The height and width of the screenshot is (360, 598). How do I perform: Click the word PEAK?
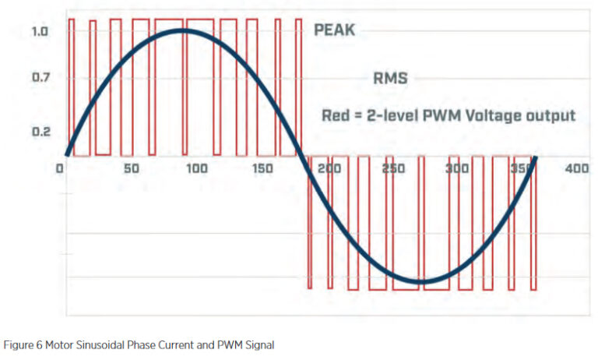click(334, 31)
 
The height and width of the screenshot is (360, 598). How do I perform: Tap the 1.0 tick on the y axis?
click(40, 32)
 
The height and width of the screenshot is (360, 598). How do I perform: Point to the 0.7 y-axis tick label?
click(40, 77)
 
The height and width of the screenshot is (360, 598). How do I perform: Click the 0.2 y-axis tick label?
click(40, 131)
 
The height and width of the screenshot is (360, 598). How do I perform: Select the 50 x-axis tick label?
click(131, 169)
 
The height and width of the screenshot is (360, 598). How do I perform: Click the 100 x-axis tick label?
click(196, 169)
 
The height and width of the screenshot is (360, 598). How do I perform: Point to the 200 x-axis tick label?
click(332, 169)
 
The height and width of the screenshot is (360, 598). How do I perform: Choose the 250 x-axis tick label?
click(397, 169)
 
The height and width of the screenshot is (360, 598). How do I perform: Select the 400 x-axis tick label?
click(577, 169)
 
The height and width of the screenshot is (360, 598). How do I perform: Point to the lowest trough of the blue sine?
click(420, 281)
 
